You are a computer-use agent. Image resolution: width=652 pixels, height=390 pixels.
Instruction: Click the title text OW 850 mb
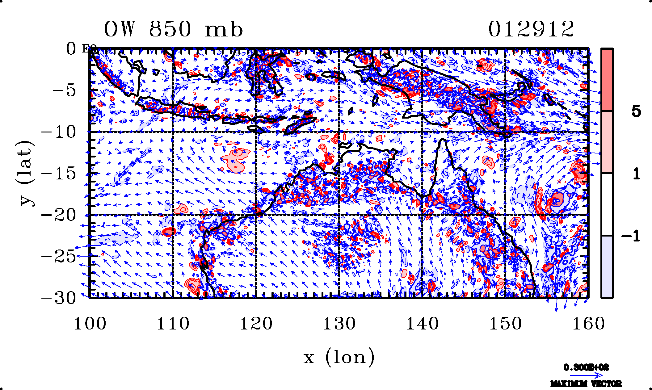point(173,30)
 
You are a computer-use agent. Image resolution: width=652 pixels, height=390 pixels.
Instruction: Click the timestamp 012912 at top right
point(531,30)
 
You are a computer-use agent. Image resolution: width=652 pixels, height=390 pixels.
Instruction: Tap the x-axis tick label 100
point(90,324)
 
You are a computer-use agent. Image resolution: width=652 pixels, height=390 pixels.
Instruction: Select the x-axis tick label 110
point(173,324)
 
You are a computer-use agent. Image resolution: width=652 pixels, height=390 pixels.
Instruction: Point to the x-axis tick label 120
point(256,324)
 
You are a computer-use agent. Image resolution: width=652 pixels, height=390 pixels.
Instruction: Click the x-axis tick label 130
point(339,324)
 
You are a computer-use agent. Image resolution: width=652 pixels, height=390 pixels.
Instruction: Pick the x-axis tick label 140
point(422,324)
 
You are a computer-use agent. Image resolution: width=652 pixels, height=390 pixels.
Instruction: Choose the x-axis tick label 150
point(505,324)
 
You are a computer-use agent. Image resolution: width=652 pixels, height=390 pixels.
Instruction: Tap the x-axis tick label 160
point(588,324)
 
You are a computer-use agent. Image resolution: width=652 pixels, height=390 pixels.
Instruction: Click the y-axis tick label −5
point(64,91)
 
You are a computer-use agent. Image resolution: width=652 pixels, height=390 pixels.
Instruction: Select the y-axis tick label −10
point(59,132)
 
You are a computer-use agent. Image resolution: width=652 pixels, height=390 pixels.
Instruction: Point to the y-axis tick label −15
point(59,174)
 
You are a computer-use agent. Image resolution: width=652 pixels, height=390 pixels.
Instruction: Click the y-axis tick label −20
point(59,215)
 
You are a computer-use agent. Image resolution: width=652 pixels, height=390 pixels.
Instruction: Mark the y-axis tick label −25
point(59,256)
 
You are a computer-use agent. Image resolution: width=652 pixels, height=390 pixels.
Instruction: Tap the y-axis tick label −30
point(59,298)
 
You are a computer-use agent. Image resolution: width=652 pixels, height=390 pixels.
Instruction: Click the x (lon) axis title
point(339,358)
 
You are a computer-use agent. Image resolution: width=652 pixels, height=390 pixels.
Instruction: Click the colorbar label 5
point(636,111)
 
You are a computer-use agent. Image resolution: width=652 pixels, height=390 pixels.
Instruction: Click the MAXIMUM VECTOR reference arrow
point(586,375)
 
